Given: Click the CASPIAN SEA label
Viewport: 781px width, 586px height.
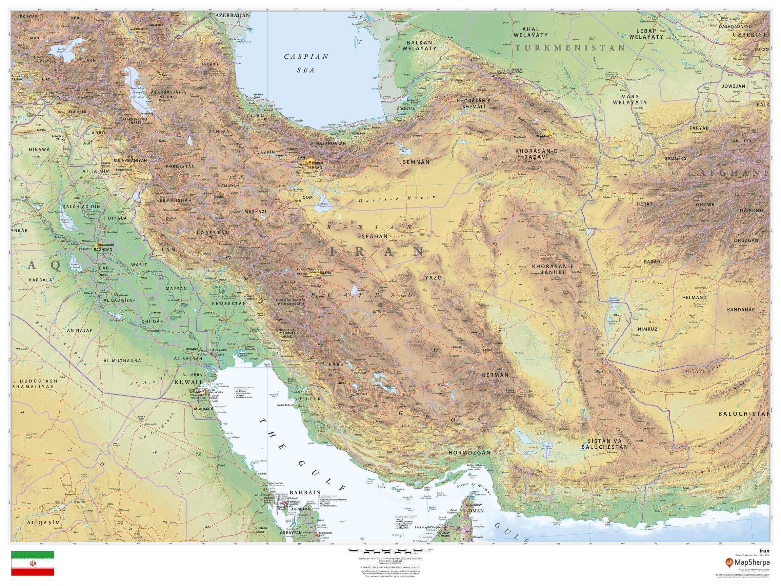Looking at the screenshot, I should click(x=306, y=63).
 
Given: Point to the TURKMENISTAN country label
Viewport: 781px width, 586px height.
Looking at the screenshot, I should click(x=570, y=48).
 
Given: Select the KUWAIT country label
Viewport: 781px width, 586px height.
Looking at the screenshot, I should click(x=188, y=382).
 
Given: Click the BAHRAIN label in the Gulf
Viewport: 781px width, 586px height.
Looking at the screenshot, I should click(x=305, y=492).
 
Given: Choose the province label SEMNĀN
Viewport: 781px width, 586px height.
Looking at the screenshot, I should click(x=416, y=161).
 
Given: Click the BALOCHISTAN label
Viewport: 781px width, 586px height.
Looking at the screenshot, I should click(x=743, y=413).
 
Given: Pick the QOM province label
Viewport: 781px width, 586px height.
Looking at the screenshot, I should click(x=307, y=197).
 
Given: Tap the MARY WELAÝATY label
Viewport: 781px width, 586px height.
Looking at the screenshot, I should click(x=635, y=99).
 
